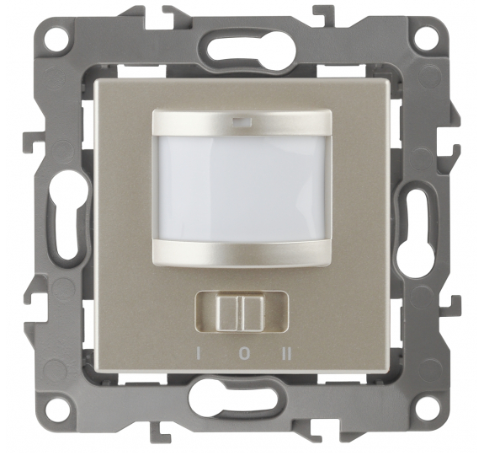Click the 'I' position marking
click(198, 354)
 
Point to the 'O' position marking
click(243, 354)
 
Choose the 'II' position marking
click(287, 354)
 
